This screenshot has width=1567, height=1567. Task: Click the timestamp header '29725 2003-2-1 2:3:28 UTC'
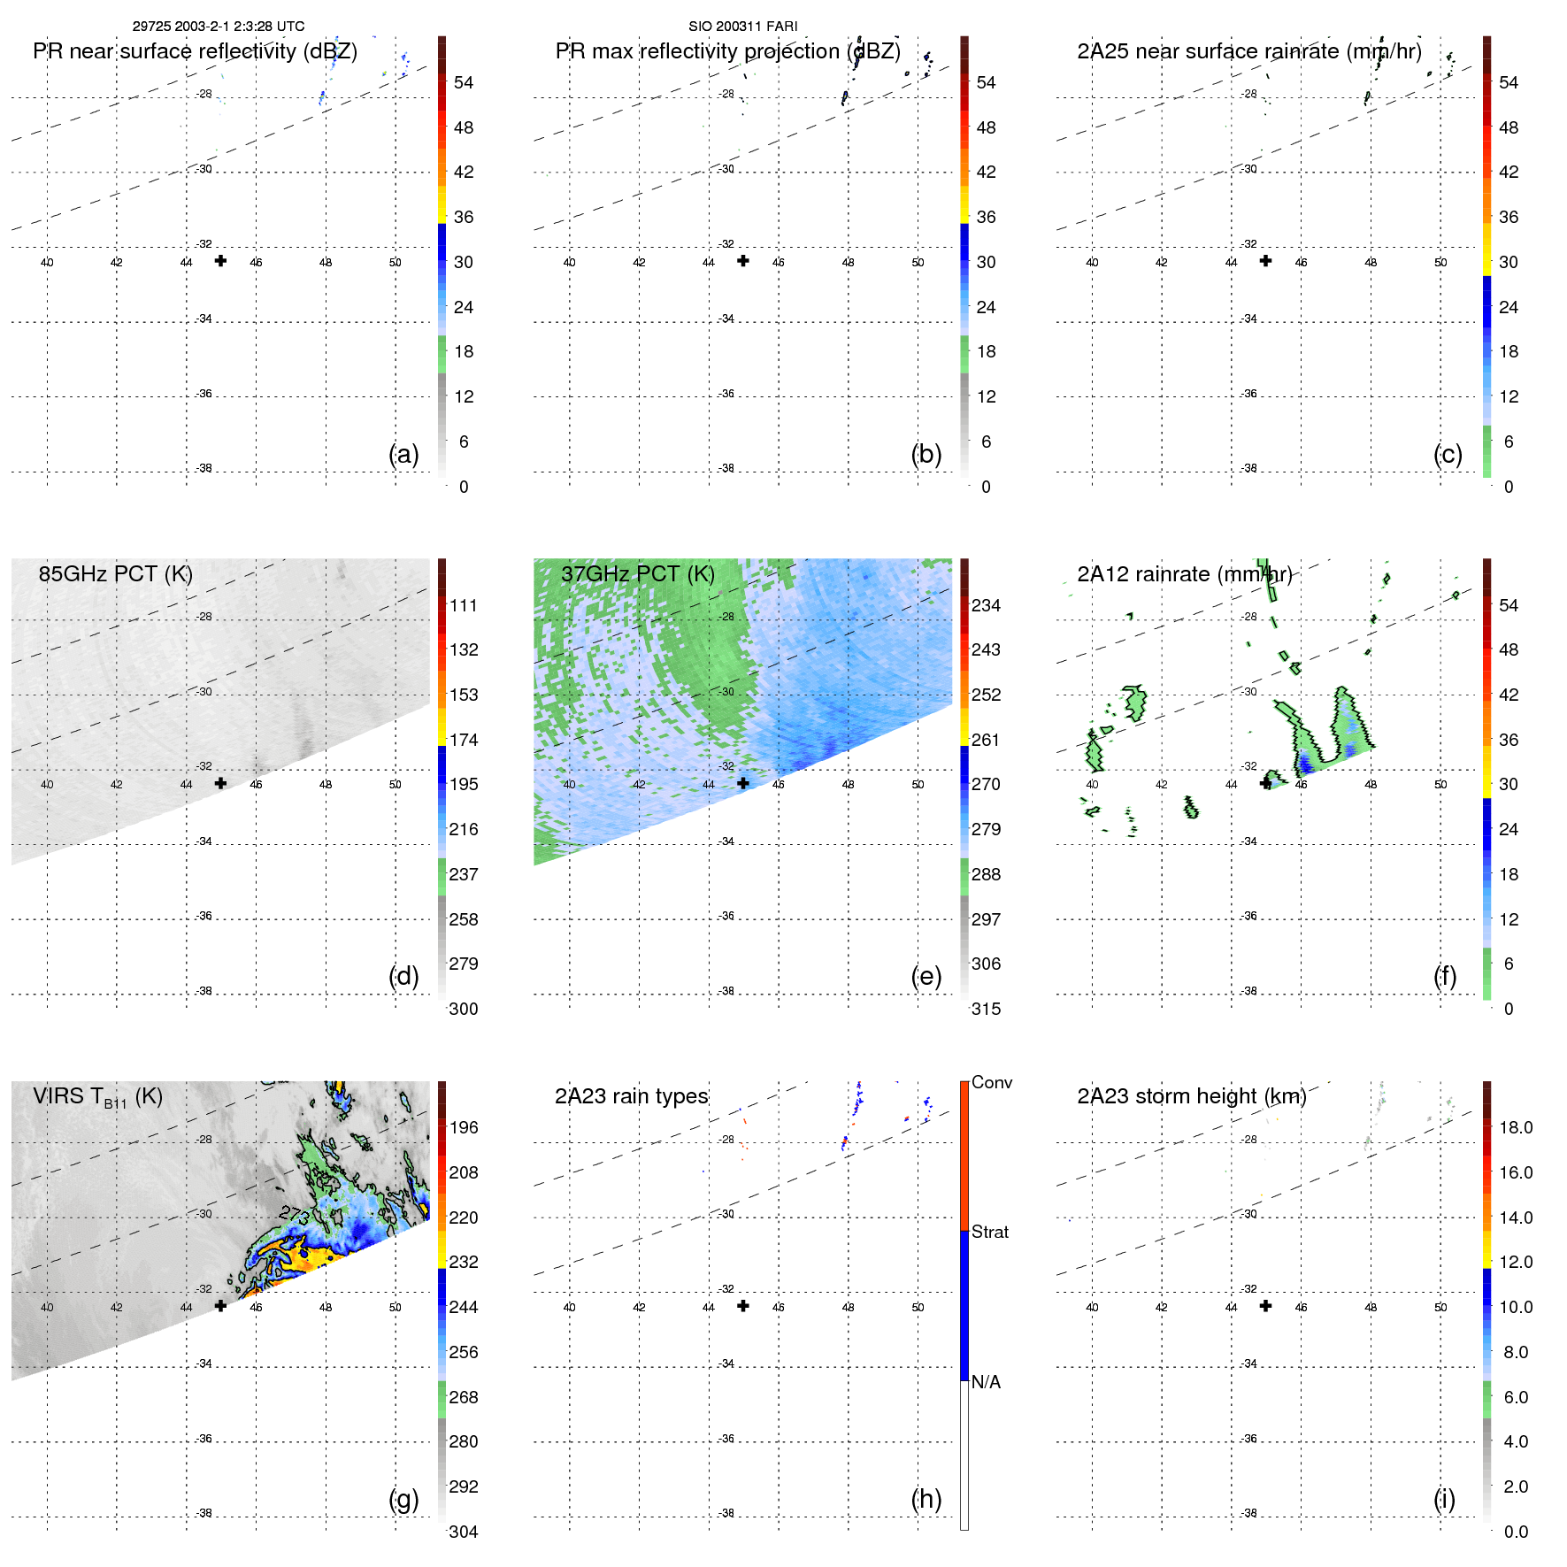pyautogui.click(x=218, y=27)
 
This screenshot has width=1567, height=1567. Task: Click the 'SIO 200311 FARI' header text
pyautogui.click(x=742, y=27)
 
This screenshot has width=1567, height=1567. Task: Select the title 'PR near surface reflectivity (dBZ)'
pyautogui.click(x=195, y=51)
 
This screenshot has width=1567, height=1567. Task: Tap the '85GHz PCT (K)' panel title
pyautogui.click(x=115, y=573)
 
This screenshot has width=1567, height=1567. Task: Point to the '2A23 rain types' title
pyautogui.click(x=631, y=1096)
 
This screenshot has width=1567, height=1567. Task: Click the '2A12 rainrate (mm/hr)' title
pyautogui.click(x=1184, y=574)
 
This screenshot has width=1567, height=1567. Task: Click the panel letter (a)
pyautogui.click(x=403, y=454)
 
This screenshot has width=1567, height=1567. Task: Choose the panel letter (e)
pyautogui.click(x=926, y=976)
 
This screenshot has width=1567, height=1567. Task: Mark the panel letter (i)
pyautogui.click(x=1444, y=1499)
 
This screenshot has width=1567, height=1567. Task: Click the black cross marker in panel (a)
pyautogui.click(x=220, y=260)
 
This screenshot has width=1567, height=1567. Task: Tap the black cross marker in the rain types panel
pyautogui.click(x=743, y=1306)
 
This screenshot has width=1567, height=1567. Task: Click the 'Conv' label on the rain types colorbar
pyautogui.click(x=991, y=1082)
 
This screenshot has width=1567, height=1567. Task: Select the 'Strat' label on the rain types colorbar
pyautogui.click(x=989, y=1232)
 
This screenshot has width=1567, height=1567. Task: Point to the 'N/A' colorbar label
pyautogui.click(x=986, y=1382)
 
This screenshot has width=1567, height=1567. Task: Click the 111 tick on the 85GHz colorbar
pyautogui.click(x=463, y=605)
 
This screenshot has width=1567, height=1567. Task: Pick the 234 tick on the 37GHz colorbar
pyautogui.click(x=986, y=605)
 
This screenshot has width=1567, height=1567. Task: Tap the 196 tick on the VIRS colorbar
pyautogui.click(x=463, y=1127)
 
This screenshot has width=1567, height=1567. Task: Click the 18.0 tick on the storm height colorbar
pyautogui.click(x=1515, y=1127)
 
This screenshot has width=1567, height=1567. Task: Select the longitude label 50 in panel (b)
pyautogui.click(x=918, y=263)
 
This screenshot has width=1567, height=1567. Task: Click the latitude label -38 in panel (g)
pyautogui.click(x=204, y=1513)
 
